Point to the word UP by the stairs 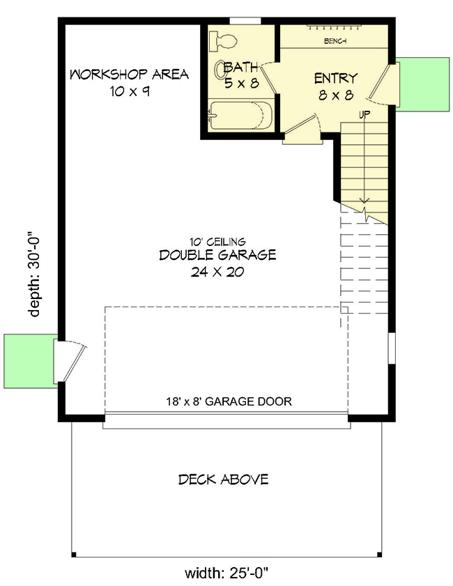[x=364, y=114]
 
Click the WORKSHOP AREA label [x=129, y=75]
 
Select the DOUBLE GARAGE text [x=217, y=255]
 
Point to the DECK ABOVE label [x=223, y=479]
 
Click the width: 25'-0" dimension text [x=226, y=574]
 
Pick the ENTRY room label [x=335, y=78]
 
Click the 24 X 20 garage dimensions [x=217, y=272]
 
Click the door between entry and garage [x=302, y=130]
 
